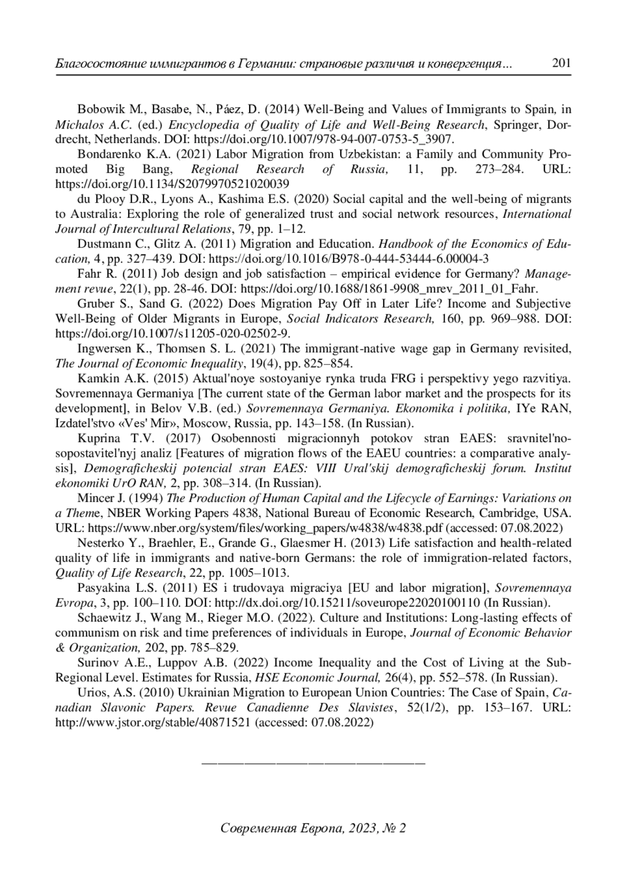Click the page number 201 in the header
click(561, 64)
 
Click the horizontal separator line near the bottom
click(313, 764)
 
